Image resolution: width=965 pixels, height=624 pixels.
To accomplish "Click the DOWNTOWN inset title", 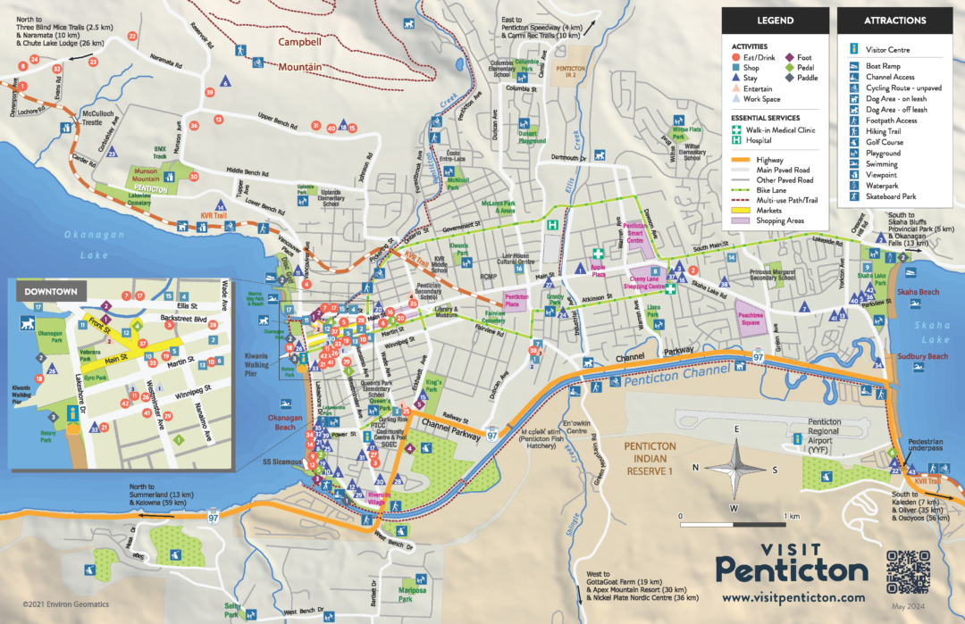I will pyautogui.click(x=50, y=291).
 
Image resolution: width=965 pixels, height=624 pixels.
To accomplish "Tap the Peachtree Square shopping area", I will pyautogui.click(x=754, y=314).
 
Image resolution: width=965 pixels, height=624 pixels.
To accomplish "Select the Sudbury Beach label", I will pyautogui.click(x=922, y=357).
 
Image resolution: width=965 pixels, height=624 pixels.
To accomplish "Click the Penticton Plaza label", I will pyautogui.click(x=516, y=302).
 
